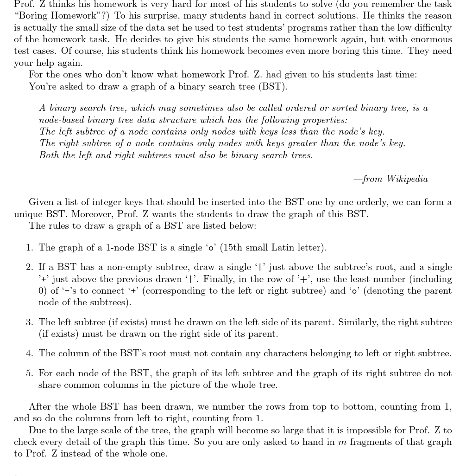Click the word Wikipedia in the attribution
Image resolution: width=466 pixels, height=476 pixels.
[x=407, y=179]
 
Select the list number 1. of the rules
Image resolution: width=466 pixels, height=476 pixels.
[x=30, y=248]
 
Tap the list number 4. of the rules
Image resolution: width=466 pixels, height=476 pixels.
[x=30, y=354]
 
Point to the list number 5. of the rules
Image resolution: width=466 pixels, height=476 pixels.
[x=30, y=373]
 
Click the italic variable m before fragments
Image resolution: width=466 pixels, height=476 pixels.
[x=342, y=442]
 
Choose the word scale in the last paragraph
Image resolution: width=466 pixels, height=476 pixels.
[x=98, y=431]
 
